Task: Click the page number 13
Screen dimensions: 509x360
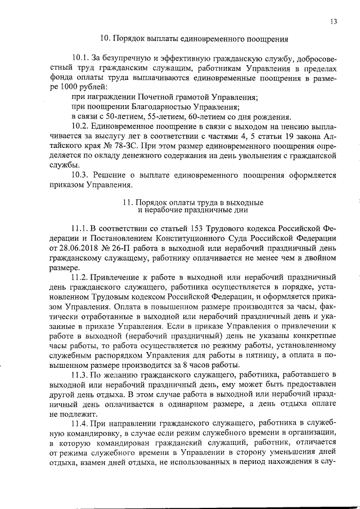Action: [334, 22]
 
